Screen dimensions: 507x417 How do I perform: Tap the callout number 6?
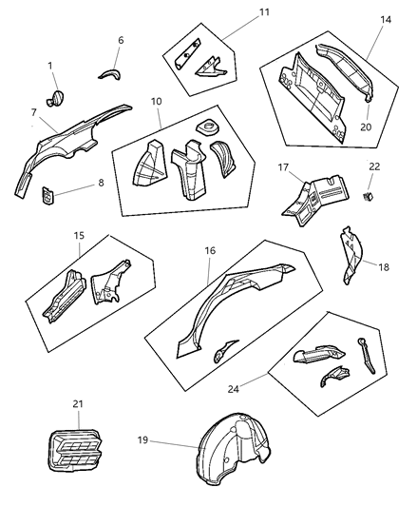coord(120,40)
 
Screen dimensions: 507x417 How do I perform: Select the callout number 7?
coord(33,112)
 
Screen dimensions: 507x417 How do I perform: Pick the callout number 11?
coord(238,14)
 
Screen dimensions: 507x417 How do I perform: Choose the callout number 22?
coord(373,167)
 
